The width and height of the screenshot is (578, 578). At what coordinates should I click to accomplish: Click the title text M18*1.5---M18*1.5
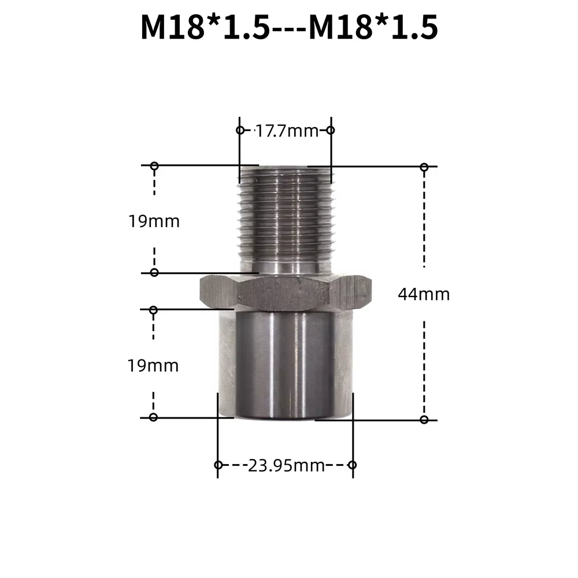point(289,27)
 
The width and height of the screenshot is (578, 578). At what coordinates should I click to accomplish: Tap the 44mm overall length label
point(424,295)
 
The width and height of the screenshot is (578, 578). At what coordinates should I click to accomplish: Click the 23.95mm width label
point(286,465)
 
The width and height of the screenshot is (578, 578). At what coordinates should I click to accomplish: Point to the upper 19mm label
point(154,221)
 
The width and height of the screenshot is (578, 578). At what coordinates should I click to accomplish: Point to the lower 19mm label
point(153,366)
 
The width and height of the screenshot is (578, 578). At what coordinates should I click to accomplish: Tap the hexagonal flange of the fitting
point(285,292)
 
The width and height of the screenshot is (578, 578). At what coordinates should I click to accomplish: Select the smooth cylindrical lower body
point(285,364)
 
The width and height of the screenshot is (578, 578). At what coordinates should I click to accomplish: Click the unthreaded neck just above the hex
point(285,267)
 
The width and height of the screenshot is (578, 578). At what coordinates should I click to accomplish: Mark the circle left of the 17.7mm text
point(240,130)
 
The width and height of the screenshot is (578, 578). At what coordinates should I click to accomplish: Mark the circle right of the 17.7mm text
point(331,130)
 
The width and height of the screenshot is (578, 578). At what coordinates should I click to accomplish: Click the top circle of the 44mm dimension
point(424,167)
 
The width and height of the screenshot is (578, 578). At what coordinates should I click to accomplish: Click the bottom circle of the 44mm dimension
point(424,420)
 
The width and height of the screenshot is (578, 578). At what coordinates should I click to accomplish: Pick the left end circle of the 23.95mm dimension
point(218,465)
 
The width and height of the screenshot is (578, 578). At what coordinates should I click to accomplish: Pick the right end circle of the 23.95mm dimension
point(353,465)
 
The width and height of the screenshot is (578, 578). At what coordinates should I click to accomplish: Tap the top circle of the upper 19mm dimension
point(154,166)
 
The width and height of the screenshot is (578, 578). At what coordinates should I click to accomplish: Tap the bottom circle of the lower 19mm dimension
point(153,417)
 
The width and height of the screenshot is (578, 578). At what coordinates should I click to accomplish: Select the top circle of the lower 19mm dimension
point(153,310)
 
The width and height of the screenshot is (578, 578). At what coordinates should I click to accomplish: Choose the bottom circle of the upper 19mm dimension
point(154,272)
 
